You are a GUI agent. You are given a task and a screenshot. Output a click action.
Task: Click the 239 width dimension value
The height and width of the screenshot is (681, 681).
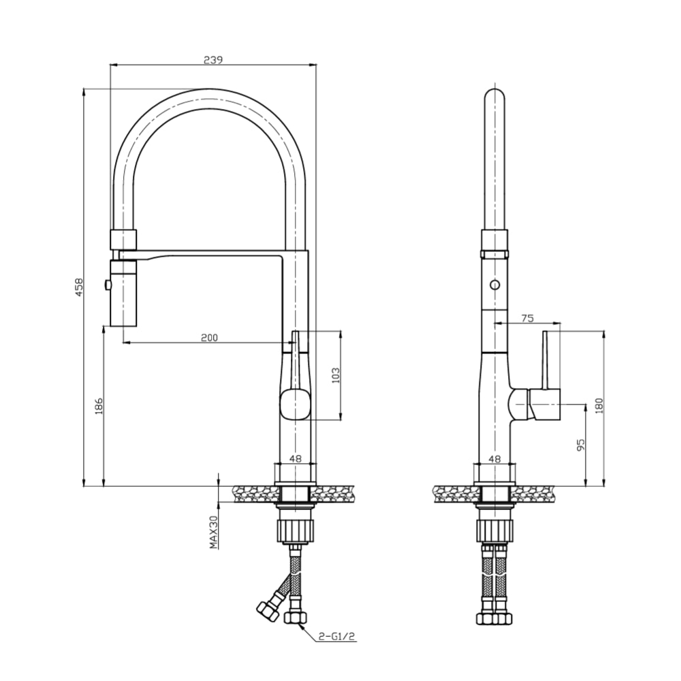(213, 59)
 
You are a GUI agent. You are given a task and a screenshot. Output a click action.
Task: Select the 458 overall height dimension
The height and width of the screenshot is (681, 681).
(78, 287)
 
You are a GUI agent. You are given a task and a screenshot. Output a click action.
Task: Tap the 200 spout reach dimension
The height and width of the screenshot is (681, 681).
(209, 338)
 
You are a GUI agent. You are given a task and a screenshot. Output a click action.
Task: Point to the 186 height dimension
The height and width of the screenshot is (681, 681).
(99, 407)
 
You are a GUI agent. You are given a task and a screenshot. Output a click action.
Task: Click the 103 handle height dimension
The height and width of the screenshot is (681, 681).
(334, 376)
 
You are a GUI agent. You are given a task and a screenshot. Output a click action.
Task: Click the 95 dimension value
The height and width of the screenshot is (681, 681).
(580, 446)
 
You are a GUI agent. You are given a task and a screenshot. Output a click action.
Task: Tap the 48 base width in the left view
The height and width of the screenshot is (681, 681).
(295, 459)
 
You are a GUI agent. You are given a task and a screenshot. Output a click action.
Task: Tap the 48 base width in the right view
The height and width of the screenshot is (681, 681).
(494, 459)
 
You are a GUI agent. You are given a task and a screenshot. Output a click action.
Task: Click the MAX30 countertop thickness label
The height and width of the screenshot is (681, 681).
(213, 532)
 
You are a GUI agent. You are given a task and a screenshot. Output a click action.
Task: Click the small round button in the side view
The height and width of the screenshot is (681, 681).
(494, 285)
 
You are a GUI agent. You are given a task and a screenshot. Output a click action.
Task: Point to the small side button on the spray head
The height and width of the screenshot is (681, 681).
(106, 285)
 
